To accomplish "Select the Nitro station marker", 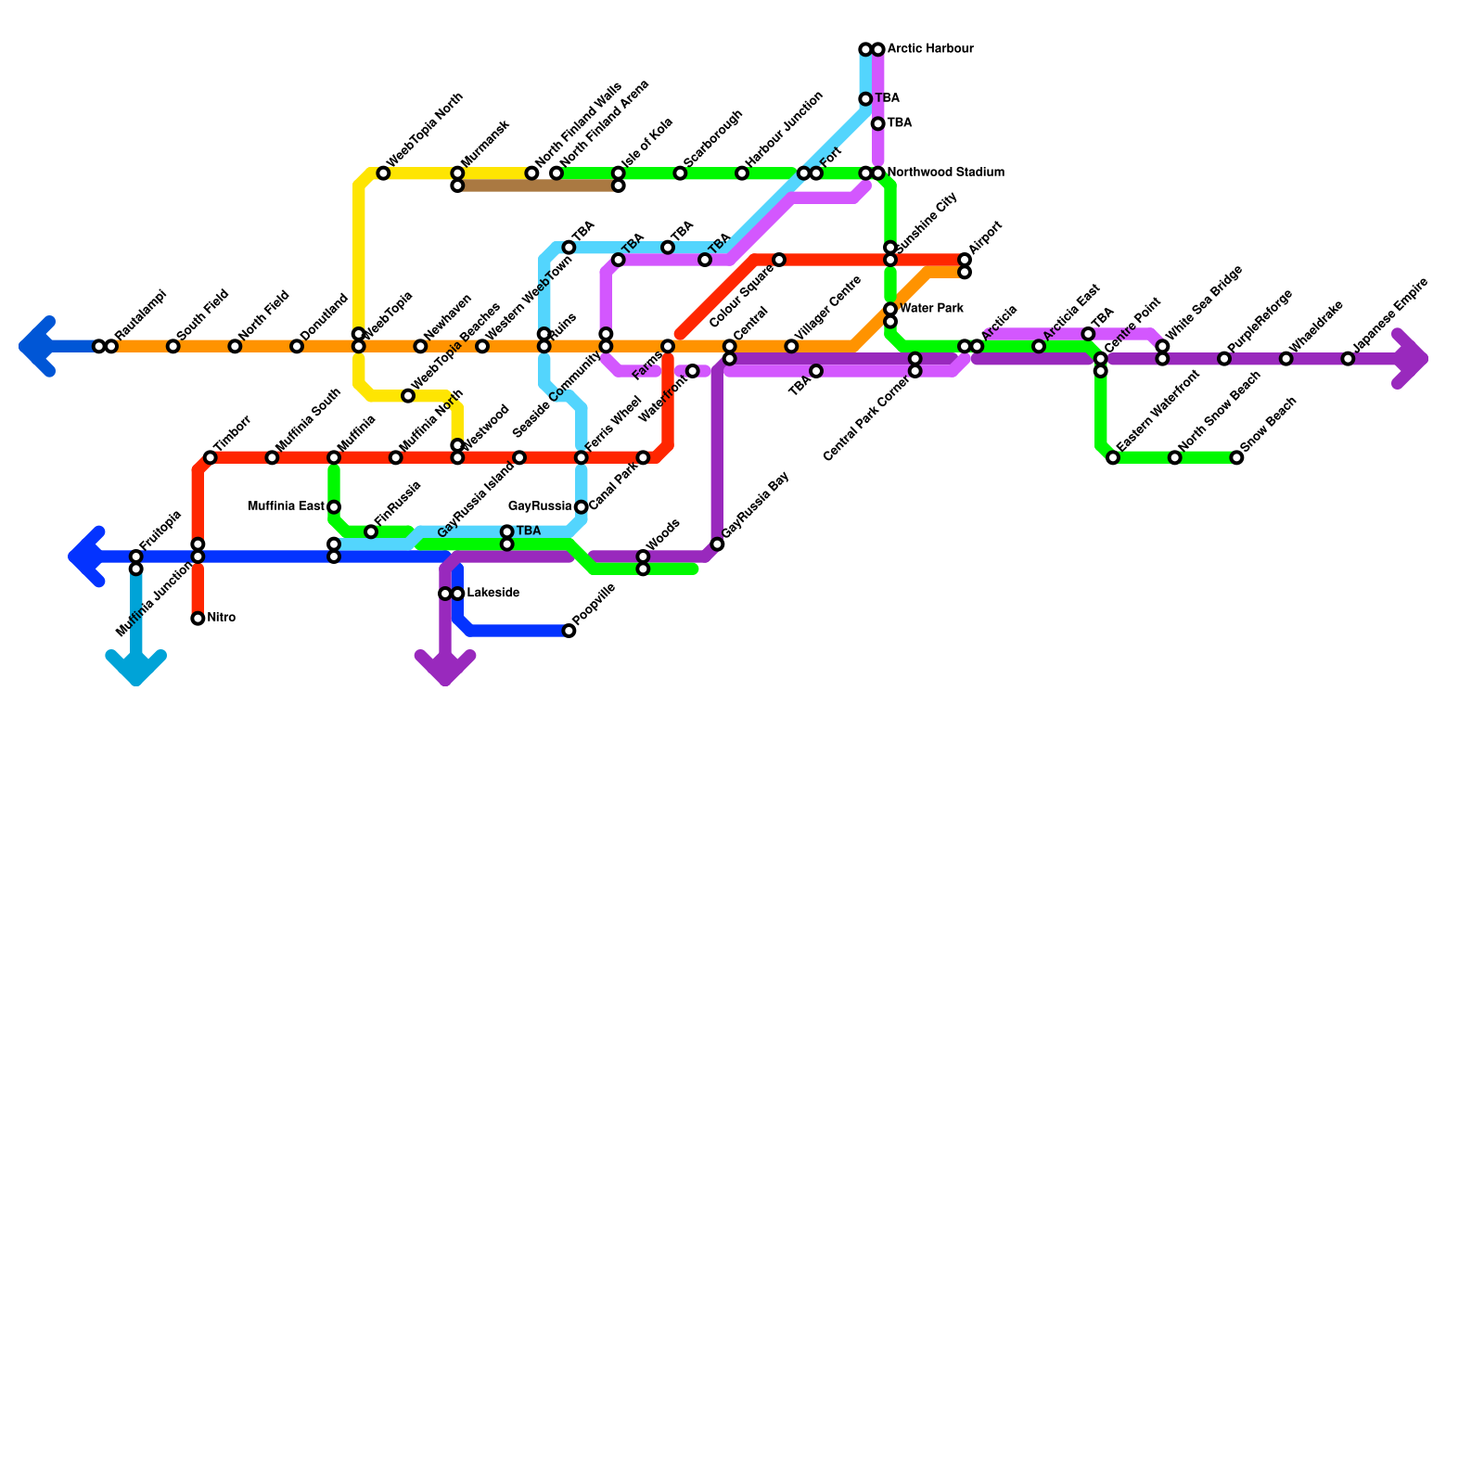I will point(198,619).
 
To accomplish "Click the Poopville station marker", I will point(569,632).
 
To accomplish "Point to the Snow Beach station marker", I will point(1236,458).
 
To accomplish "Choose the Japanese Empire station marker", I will point(1348,359).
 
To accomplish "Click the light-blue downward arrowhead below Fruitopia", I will point(136,668).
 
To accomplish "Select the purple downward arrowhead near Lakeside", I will point(445,668).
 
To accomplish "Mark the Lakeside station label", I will point(493,594).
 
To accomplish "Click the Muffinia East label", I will point(287,507).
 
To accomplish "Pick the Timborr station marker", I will point(211,458).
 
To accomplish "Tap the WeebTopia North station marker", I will point(383,173).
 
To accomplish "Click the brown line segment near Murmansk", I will point(538,186).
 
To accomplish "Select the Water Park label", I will point(931,309).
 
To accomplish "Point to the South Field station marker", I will point(173,347).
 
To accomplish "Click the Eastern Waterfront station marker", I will point(1113,458).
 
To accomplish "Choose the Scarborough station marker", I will point(680,173).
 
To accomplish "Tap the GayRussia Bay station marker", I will point(717,544).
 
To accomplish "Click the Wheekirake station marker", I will point(1286,359).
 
